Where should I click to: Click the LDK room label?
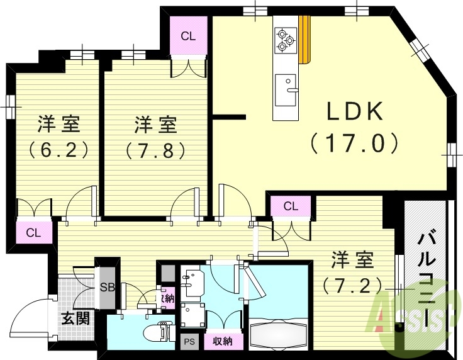[x=355, y=112]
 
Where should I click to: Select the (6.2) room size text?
[x=58, y=150]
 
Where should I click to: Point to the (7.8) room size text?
[x=155, y=150]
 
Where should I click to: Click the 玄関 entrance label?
[x=75, y=318]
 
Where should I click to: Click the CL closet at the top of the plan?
[x=189, y=37]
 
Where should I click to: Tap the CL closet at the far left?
[x=34, y=233]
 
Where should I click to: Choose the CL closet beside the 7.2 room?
[x=290, y=206]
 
